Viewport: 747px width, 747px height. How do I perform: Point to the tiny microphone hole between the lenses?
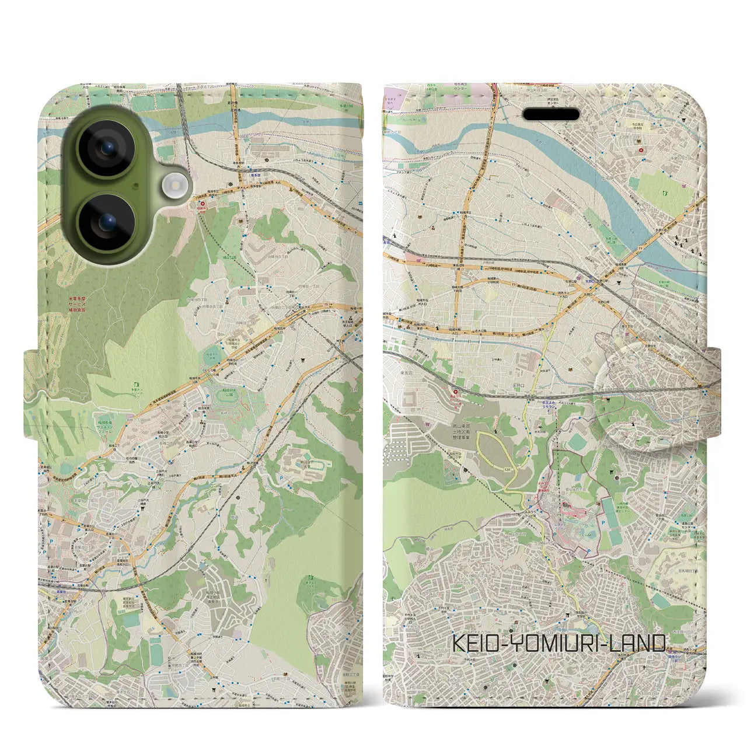click(x=135, y=186)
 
